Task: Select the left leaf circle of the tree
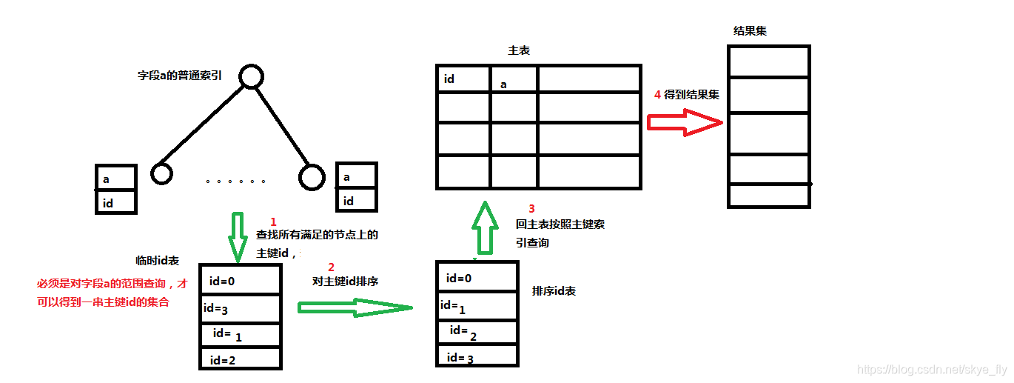tap(161, 174)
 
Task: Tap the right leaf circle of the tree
tap(312, 176)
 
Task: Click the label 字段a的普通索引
tap(180, 76)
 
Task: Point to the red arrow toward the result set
tap(684, 122)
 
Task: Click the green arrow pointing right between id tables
tap(354, 307)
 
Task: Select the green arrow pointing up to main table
tap(485, 228)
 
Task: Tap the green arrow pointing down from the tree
tap(238, 236)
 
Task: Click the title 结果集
tap(750, 30)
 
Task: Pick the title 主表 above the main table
tap(519, 50)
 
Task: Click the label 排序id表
tap(554, 291)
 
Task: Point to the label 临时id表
tap(157, 261)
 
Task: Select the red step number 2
tap(331, 267)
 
